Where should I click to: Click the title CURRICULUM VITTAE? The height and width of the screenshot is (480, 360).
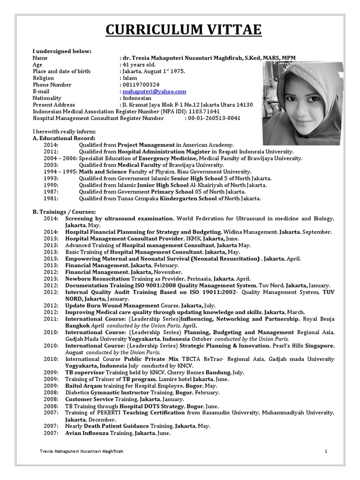pos(183,30)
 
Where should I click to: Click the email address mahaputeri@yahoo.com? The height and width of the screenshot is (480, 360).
pos(154,91)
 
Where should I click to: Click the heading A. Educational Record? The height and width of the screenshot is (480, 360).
pos(64,139)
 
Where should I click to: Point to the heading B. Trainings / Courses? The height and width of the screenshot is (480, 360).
pos(64,212)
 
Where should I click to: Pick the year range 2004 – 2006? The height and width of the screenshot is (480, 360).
pos(59,158)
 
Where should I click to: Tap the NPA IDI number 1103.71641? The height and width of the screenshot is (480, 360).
pos(204,112)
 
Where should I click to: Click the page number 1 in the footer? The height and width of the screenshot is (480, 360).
pos(325,451)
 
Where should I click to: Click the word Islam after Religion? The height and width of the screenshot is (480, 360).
pos(130,78)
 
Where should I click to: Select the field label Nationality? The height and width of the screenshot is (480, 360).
pos(47,98)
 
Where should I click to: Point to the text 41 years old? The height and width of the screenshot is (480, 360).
pos(139,65)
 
